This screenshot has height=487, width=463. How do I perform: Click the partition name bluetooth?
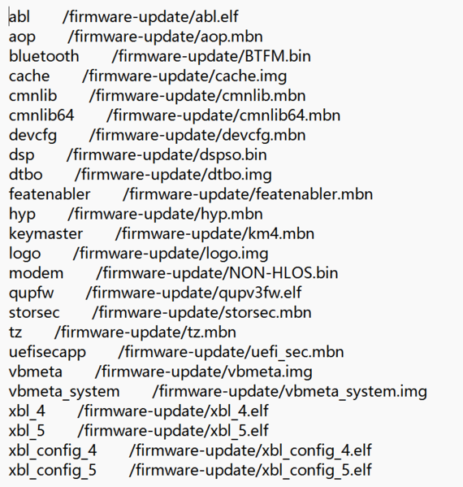[44, 56]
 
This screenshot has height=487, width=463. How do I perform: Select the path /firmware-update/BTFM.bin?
[211, 56]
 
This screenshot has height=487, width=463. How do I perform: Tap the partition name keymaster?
[46, 234]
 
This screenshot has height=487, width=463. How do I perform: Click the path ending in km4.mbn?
[214, 234]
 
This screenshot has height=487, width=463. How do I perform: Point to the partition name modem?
[37, 273]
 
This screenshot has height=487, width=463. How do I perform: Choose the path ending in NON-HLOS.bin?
[217, 273]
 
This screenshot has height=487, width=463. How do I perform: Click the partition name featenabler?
[50, 194]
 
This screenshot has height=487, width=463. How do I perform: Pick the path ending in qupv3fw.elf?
[193, 293]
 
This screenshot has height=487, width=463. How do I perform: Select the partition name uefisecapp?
[47, 353]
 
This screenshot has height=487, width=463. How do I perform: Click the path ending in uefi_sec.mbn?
[231, 353]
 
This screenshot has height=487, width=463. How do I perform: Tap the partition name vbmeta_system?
[64, 392]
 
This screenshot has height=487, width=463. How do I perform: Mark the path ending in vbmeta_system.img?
[290, 392]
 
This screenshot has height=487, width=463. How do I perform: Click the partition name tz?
[15, 333]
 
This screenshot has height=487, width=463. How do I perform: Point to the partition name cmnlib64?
[41, 115]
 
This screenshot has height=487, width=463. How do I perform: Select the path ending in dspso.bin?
[167, 155]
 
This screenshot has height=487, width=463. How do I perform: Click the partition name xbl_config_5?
[53, 471]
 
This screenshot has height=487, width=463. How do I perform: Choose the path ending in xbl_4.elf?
[173, 411]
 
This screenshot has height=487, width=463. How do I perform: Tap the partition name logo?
[25, 254]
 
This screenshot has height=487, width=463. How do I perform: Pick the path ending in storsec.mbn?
[201, 313]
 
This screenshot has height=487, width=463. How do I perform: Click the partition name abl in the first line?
[19, 17]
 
